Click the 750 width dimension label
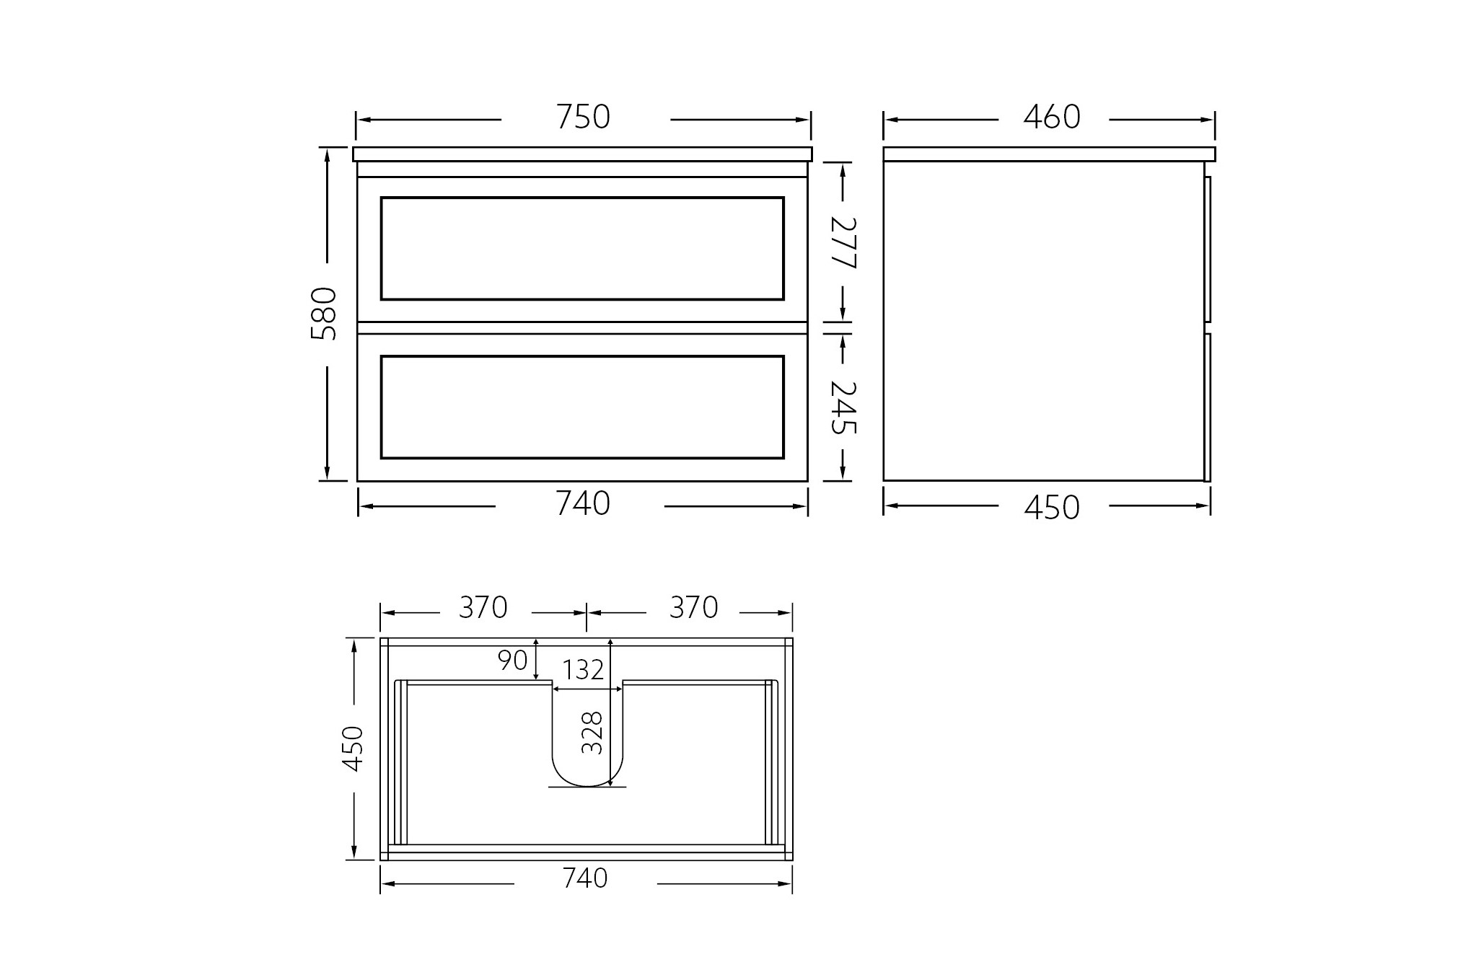click(583, 117)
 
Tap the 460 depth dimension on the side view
click(1051, 117)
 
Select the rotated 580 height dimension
click(324, 314)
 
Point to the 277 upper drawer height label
click(842, 242)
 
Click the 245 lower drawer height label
click(842, 407)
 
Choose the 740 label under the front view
click(583, 503)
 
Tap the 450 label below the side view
click(1051, 507)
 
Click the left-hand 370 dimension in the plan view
click(483, 608)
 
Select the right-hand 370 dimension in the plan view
click(693, 608)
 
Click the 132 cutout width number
click(583, 671)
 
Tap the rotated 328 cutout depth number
click(592, 733)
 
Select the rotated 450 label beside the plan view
click(353, 749)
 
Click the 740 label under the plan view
click(585, 878)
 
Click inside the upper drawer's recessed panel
click(582, 248)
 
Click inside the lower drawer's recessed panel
click(582, 407)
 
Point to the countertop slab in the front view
click(582, 154)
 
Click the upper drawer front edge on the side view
click(1208, 248)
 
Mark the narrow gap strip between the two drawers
click(582, 328)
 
